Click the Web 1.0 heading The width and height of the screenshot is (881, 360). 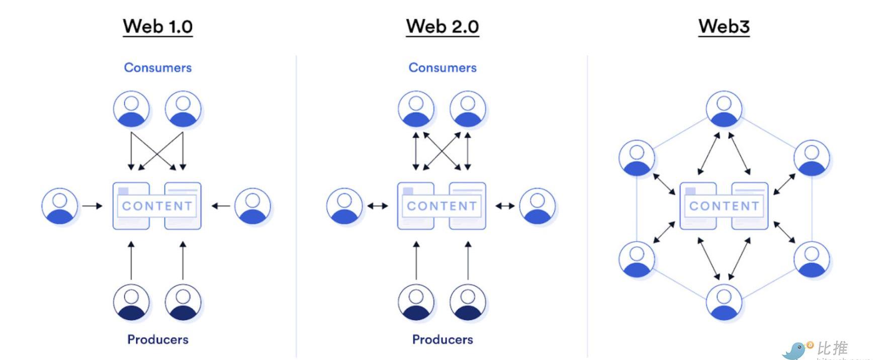tap(157, 26)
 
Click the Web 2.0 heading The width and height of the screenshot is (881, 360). tap(443, 26)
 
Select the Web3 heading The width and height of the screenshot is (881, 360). tap(724, 26)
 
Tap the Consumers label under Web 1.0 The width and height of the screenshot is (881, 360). tap(158, 67)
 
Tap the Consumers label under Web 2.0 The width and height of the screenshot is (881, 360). tap(443, 67)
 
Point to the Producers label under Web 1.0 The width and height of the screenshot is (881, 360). tap(158, 339)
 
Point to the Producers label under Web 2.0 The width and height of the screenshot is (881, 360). tap(443, 339)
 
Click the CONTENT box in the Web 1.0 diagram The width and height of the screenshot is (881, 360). tap(157, 206)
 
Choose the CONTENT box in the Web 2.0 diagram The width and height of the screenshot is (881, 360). tap(442, 206)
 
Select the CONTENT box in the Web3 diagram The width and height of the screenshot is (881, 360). tap(724, 206)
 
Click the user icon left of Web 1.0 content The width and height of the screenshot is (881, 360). tap(60, 206)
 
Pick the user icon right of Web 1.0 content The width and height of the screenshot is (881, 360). tap(252, 206)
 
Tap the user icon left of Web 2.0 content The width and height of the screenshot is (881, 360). tap(344, 206)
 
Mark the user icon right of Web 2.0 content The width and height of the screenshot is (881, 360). tap(537, 206)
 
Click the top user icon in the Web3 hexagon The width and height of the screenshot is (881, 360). tap(724, 109)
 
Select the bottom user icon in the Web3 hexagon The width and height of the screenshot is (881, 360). tap(724, 302)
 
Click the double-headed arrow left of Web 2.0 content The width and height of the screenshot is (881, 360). tap(378, 206)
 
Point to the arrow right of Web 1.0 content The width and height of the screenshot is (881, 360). tap(221, 206)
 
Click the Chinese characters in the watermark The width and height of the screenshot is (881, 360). tap(832, 348)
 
